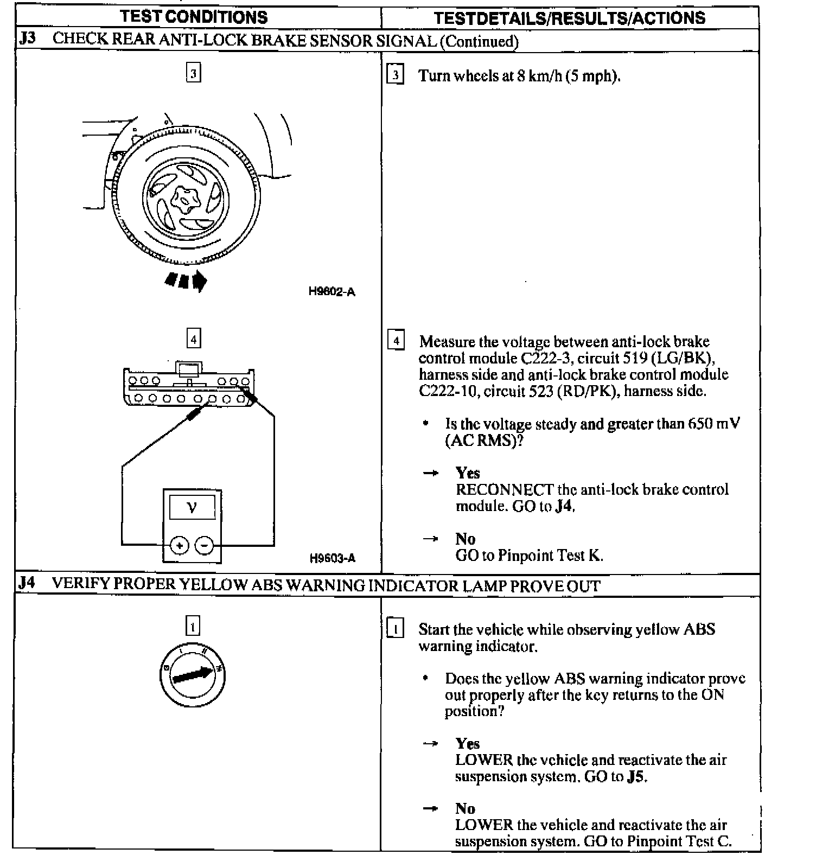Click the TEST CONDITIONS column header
194,17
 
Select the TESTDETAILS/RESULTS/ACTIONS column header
569,18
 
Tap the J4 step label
27,584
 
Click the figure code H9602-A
331,292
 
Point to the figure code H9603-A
332,558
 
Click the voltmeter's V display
192,508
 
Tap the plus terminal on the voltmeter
179,545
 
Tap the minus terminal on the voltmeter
205,545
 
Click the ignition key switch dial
193,676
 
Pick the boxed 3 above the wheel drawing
193,73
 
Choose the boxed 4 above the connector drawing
193,339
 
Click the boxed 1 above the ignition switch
193,626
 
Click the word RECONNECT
496,489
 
